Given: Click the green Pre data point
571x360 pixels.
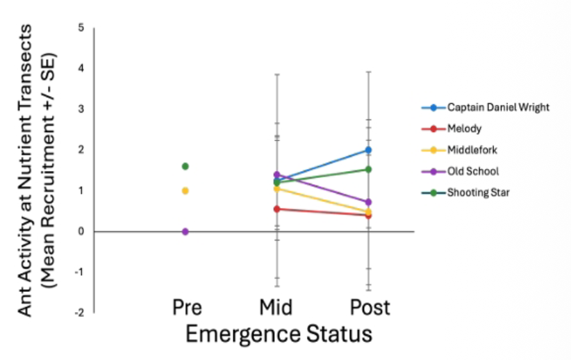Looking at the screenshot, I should tap(185, 166).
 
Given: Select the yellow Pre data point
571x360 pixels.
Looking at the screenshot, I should tap(185, 190).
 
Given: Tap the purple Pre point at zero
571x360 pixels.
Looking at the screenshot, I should tap(185, 231).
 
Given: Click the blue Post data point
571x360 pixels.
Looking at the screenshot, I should tap(368, 150).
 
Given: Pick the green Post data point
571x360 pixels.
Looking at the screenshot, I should tap(368, 169).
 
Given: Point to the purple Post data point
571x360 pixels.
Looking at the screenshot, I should tap(368, 202).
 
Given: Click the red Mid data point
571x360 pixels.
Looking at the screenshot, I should tap(276, 208).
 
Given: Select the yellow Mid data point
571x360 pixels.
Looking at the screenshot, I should tap(276, 188).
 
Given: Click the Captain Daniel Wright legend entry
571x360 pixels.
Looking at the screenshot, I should tap(490, 108).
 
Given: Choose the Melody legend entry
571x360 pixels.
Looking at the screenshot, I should tap(464, 129).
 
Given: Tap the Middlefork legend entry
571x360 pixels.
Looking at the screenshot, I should tap(472, 149).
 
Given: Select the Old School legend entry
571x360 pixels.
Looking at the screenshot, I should tap(472, 171).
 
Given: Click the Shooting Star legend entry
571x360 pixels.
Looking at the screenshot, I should tap(478, 192).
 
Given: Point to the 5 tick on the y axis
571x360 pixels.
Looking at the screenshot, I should tap(81, 28).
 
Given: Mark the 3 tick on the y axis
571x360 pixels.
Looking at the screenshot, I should tap(81, 109).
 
